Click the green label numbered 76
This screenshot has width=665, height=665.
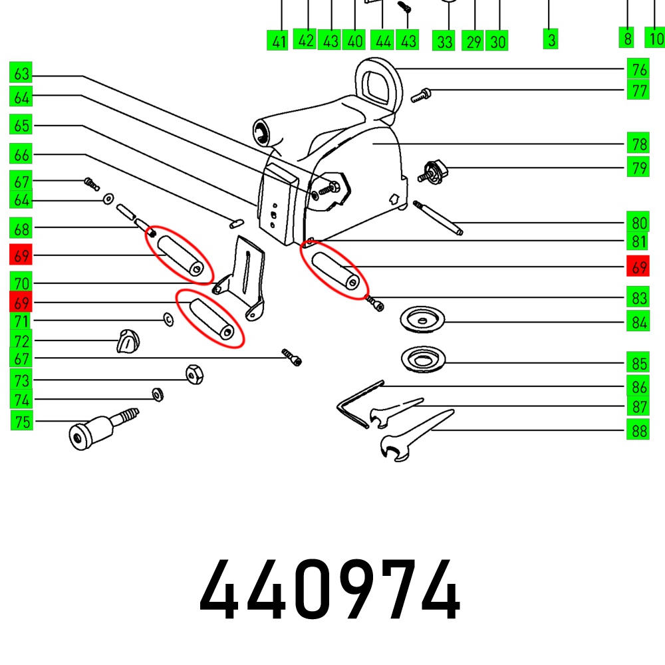tap(638, 68)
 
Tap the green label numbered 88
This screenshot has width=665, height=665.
tap(638, 430)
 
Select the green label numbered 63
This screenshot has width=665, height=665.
tap(21, 72)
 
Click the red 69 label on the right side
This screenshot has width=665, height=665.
tap(638, 266)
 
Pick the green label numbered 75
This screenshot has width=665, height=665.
tap(22, 420)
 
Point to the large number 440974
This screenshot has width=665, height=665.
tap(330, 589)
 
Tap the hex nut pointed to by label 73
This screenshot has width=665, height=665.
tap(194, 374)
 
